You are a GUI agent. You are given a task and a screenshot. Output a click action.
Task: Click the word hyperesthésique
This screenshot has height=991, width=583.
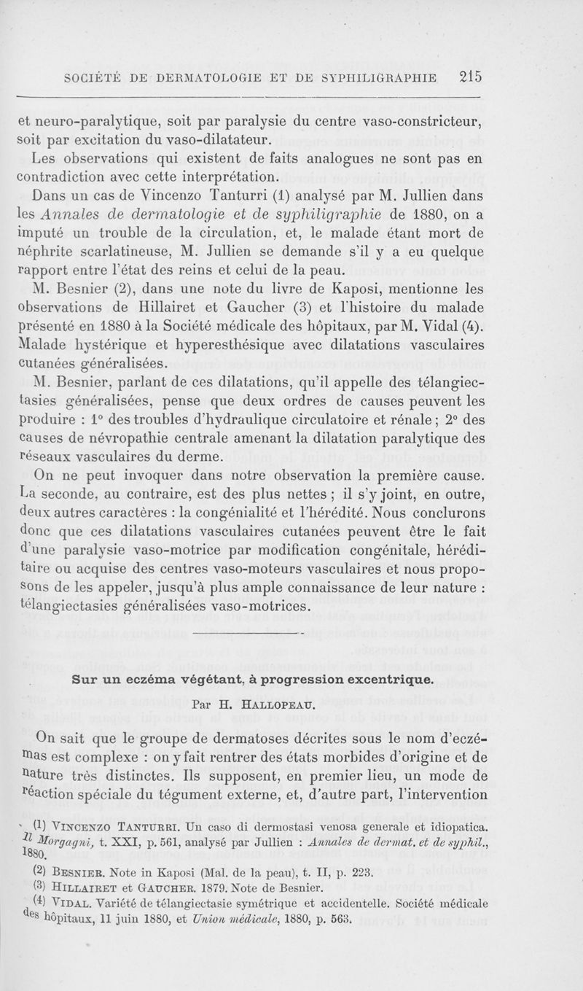(251, 342)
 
